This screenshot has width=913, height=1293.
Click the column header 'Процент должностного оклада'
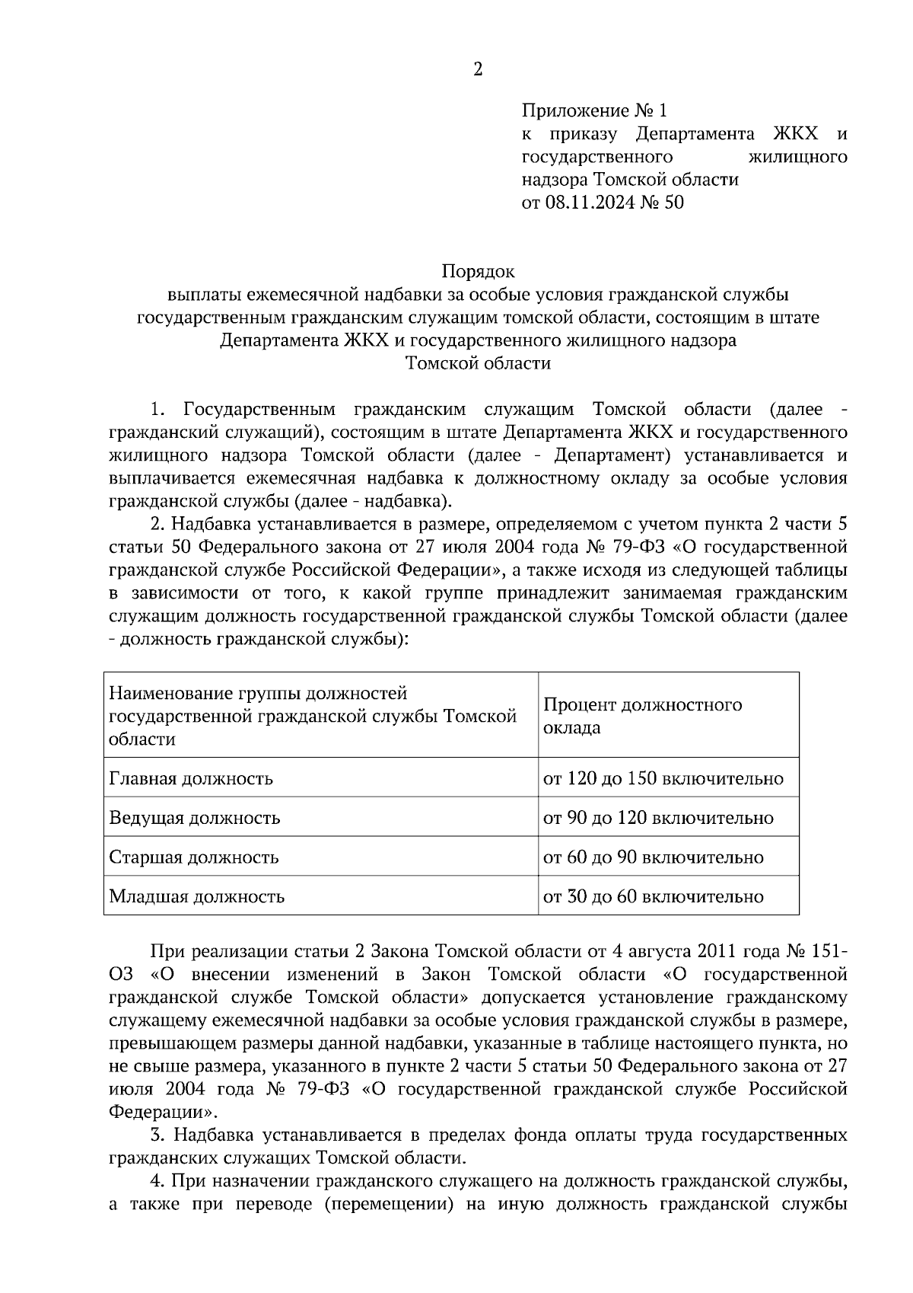point(642,715)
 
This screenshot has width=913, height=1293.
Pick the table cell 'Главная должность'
point(191,779)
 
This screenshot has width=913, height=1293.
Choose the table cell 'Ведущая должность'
point(195,819)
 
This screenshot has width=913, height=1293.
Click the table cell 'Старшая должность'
point(194,857)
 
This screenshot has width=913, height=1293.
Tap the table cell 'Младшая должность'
point(197,896)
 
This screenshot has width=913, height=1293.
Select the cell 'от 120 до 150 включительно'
point(663,779)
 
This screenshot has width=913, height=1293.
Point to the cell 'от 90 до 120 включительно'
point(658,819)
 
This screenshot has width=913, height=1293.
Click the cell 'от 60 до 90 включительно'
point(653,857)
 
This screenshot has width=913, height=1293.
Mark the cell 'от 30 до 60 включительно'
point(653,897)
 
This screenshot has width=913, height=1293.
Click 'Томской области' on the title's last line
point(478,363)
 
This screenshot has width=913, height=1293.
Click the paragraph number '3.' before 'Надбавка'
point(158,1135)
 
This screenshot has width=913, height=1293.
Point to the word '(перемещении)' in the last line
point(383,1204)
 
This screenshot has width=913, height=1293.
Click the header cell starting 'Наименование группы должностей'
point(313,716)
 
